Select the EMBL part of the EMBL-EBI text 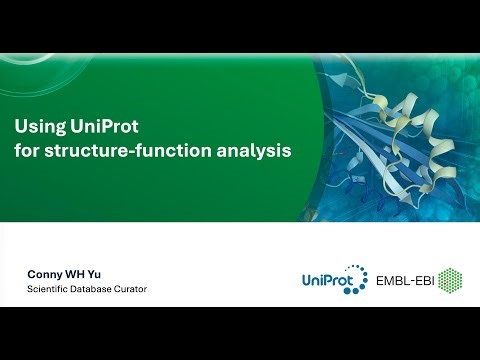click(x=390, y=282)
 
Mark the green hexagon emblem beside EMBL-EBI click(x=451, y=281)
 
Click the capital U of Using click(x=19, y=127)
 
